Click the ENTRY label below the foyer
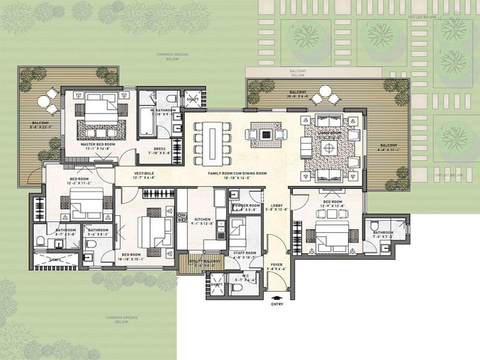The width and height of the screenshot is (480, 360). (x=277, y=304)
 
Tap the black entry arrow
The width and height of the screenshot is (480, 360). (x=277, y=296)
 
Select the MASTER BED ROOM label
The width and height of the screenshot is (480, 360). (x=98, y=145)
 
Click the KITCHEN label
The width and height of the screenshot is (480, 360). (x=202, y=220)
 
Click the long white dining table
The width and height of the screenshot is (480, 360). (x=213, y=141)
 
